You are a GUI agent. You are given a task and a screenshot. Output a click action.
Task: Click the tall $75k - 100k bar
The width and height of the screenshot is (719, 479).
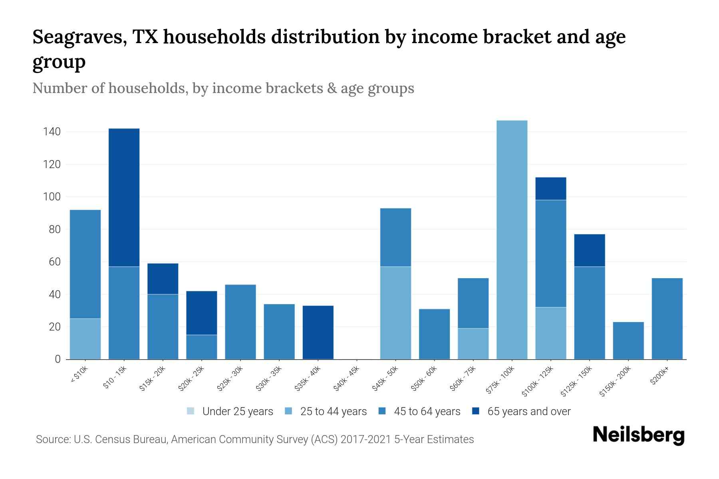coord(512,239)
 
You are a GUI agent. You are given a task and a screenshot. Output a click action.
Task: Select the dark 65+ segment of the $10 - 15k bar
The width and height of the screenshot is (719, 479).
coord(124,197)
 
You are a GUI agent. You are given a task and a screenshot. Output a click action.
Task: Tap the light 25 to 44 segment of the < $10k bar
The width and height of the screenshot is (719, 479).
coord(85,339)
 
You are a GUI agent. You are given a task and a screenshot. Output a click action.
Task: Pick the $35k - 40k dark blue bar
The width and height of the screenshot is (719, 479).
coord(318,332)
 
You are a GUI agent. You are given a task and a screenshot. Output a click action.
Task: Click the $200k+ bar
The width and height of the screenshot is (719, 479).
coord(667,319)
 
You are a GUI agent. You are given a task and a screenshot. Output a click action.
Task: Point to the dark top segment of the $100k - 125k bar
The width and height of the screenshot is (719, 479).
coord(550,188)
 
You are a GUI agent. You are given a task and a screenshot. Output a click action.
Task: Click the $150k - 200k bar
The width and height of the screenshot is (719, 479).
coord(628,340)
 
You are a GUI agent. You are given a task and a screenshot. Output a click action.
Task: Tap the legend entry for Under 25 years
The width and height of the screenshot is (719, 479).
coord(230,411)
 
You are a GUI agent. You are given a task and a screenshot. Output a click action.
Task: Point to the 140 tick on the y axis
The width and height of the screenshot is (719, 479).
coord(52,132)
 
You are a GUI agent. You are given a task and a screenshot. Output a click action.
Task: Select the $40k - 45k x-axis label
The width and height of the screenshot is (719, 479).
coord(346,379)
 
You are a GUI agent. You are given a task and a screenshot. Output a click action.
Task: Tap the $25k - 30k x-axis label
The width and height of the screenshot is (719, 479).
coord(230,379)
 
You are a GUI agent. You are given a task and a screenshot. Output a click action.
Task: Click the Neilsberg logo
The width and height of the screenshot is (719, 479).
coord(638,435)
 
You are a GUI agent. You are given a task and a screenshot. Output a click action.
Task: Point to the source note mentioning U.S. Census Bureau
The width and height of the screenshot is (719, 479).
coord(254,439)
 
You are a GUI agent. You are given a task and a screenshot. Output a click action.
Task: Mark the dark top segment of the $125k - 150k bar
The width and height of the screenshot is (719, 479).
coord(589,250)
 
